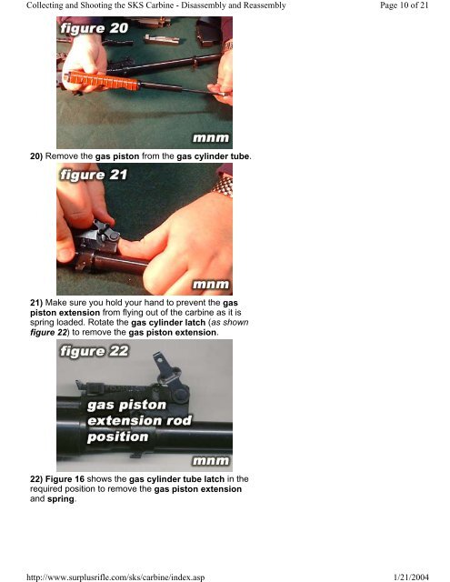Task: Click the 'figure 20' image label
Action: (x=95, y=28)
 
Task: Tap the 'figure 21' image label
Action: (x=94, y=175)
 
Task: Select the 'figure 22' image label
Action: (x=95, y=351)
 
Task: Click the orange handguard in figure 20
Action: (x=102, y=80)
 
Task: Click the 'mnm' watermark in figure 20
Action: (x=211, y=138)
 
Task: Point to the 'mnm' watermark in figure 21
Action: (x=211, y=285)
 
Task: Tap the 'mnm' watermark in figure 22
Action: (x=211, y=461)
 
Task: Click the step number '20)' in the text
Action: (x=36, y=156)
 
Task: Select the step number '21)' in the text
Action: (x=36, y=303)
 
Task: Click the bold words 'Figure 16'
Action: (x=65, y=479)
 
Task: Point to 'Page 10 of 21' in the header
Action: (x=404, y=5)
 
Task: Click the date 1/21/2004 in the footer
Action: (x=411, y=577)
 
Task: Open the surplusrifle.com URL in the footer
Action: (x=115, y=577)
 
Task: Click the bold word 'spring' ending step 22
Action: (x=61, y=499)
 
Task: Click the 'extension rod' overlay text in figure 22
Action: (x=139, y=420)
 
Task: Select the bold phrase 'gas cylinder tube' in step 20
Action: (x=213, y=156)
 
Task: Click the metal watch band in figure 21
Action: (x=224, y=185)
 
